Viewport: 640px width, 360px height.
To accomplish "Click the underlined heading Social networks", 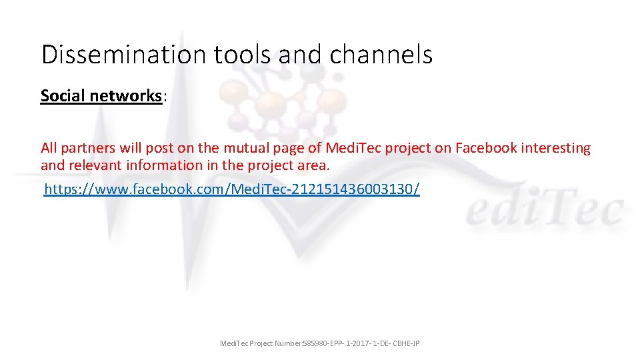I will (101, 96).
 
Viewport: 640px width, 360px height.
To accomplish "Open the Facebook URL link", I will (231, 190).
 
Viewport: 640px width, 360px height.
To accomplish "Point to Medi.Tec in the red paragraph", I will (350, 148).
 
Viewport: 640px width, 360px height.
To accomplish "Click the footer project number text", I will (319, 343).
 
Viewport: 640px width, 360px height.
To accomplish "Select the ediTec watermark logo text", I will (544, 211).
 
